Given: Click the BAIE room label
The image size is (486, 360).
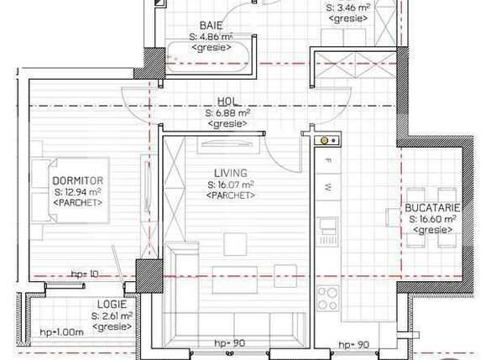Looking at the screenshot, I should coord(211,25).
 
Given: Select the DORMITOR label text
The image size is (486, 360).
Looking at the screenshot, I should coord(77,180).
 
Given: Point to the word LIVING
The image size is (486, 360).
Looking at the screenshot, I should coord(230,173).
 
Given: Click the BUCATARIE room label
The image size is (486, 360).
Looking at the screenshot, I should coord(431,206).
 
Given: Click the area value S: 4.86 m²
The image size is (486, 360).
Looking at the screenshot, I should coord(211,37).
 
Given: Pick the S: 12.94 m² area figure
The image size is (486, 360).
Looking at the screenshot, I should coord(77,192).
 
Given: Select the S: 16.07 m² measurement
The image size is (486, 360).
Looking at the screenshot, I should coord(230,185).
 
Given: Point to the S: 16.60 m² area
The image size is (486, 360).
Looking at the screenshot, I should coord(431,218).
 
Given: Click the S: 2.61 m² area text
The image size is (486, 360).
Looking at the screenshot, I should coord(111,316).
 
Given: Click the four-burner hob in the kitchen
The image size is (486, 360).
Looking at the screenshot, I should coord(327,298).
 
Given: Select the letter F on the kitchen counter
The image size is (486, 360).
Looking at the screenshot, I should coord(329,160).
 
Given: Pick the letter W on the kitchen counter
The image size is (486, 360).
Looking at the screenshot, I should coord(329,186).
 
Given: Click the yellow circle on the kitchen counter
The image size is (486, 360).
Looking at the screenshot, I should coord(324,140).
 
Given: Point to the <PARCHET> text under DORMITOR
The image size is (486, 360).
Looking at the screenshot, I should coord(77,203).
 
